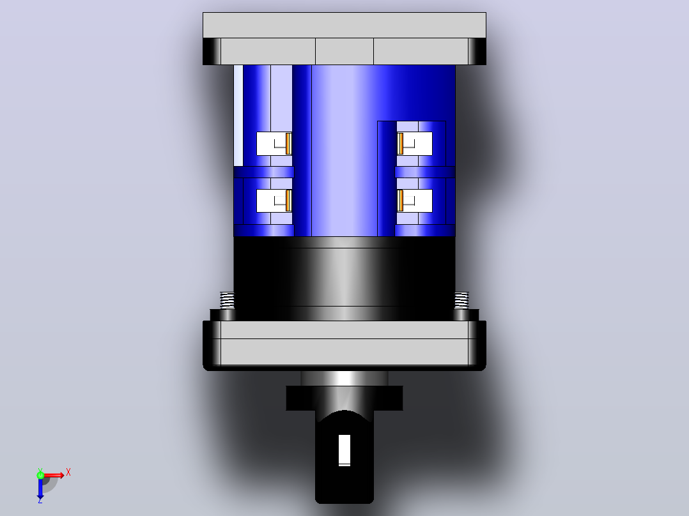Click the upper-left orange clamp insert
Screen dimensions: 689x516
coord(289,144)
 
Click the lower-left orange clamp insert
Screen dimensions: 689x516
coord(289,201)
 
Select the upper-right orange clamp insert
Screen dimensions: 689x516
coord(400,144)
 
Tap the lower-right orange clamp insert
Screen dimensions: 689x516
coord(400,201)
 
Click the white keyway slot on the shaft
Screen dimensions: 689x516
coord(344,450)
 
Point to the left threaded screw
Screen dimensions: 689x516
coord(227,301)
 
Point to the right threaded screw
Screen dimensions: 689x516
coord(461,301)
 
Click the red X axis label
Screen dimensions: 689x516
coord(68,473)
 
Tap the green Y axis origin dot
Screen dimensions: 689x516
coord(40,474)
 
